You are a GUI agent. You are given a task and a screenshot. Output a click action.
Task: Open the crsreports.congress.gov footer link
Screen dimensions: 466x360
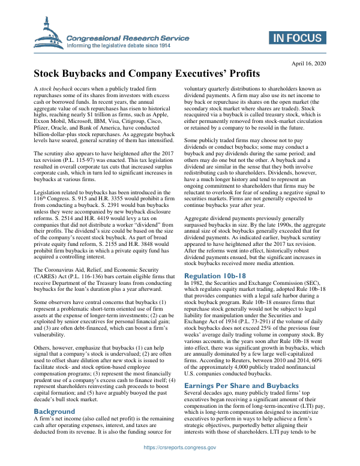pos(179,448)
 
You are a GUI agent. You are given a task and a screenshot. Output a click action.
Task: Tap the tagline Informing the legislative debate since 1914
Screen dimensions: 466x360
pos(119,45)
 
